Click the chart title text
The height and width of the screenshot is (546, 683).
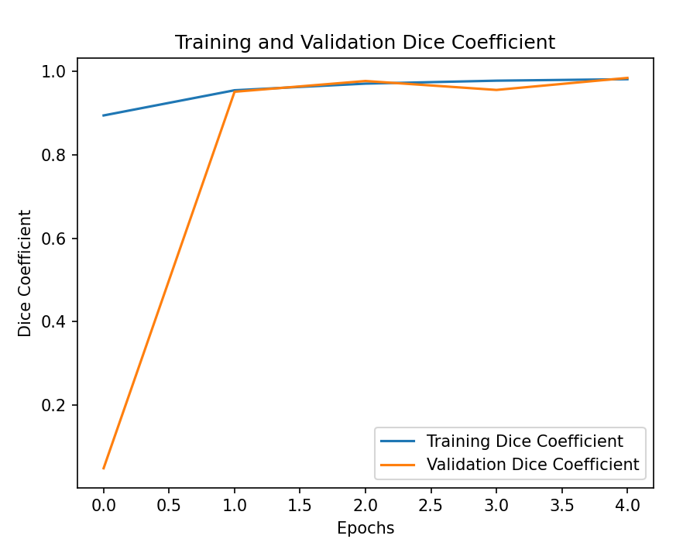click(365, 43)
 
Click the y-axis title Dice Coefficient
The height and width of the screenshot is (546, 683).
click(26, 273)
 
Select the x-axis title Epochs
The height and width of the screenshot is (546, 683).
click(365, 528)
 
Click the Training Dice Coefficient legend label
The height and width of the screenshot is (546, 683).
click(525, 441)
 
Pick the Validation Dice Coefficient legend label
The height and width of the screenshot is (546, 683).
click(533, 465)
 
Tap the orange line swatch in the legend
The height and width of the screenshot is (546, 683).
click(398, 465)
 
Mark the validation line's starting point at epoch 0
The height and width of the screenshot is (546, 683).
click(103, 469)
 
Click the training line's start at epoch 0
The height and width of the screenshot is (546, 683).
click(103, 115)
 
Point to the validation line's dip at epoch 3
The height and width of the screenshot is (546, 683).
click(496, 90)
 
